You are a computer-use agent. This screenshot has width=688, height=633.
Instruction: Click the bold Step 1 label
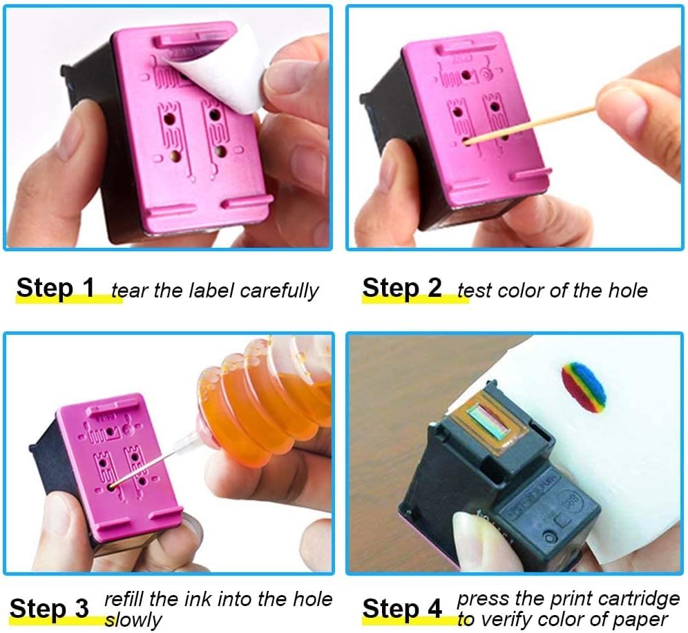[x=55, y=288]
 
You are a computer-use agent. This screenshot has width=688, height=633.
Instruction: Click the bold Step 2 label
[x=401, y=288]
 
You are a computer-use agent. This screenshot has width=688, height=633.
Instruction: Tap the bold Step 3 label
[x=49, y=609]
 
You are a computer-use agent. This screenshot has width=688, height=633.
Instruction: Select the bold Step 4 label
[x=401, y=609]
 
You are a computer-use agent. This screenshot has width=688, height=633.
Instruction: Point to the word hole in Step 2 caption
[x=627, y=290]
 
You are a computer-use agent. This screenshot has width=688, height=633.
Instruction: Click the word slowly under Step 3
[x=133, y=619]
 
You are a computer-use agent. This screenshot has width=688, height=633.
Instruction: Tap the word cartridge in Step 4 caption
[x=638, y=598]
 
